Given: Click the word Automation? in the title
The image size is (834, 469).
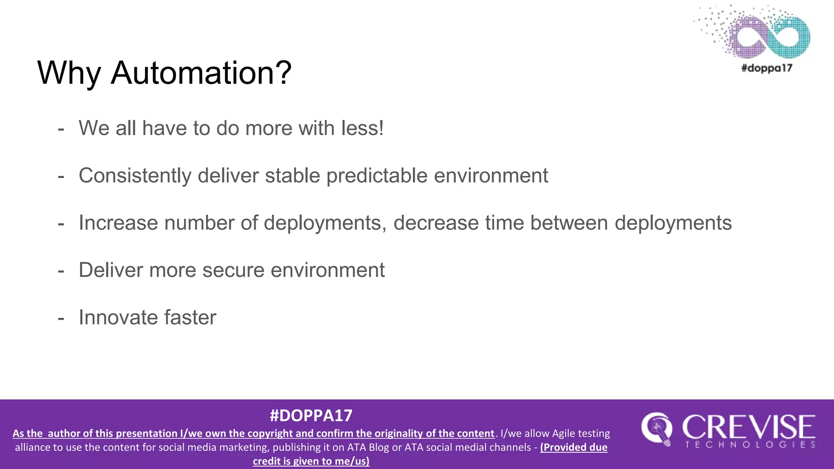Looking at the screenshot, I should pyautogui.click(x=201, y=73).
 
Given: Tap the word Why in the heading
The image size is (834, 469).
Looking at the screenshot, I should pyautogui.click(x=69, y=73).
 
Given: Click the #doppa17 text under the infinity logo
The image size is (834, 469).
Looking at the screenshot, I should pyautogui.click(x=766, y=68).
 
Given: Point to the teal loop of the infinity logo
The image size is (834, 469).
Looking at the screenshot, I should pyautogui.click(x=790, y=36).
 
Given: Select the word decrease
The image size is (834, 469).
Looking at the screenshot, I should pyautogui.click(x=436, y=223).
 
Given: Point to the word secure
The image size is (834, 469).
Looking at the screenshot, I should pyautogui.click(x=233, y=270).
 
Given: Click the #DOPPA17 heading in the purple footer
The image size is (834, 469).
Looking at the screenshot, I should pyautogui.click(x=311, y=416).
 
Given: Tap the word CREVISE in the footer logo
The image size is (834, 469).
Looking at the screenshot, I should pyautogui.click(x=748, y=427).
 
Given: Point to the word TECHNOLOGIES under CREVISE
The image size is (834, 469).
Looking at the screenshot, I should pyautogui.click(x=750, y=445).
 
